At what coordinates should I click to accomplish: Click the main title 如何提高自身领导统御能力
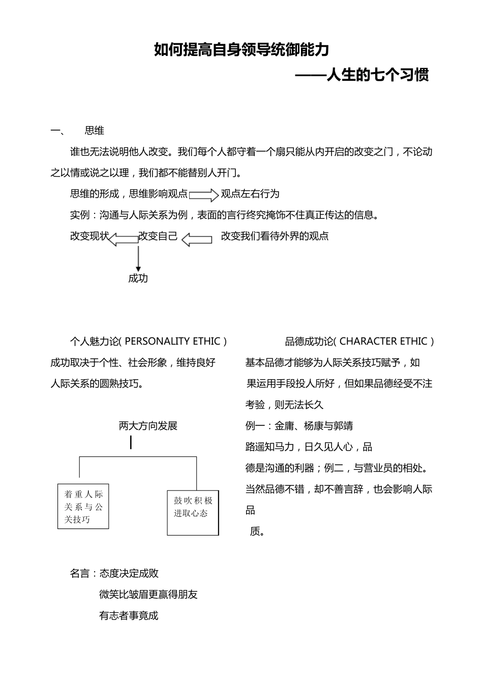(242, 50)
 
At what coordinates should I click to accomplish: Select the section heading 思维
(95, 131)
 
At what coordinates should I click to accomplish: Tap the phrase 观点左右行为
(250, 194)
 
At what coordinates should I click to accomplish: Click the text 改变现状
(89, 236)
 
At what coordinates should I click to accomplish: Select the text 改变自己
(158, 236)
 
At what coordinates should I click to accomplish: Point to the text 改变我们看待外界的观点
(275, 236)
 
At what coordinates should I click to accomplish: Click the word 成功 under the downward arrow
(138, 278)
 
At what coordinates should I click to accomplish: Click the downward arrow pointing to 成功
(138, 257)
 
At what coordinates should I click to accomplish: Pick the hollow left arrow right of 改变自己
(197, 239)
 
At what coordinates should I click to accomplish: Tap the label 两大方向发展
(148, 426)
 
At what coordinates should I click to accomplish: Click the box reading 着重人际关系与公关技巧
(83, 506)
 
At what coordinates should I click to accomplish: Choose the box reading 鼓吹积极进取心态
(193, 512)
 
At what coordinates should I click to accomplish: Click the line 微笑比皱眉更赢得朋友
(148, 594)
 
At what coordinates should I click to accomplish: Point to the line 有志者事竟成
(129, 615)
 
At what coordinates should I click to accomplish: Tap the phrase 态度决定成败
(129, 573)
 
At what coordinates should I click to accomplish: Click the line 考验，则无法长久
(284, 405)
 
